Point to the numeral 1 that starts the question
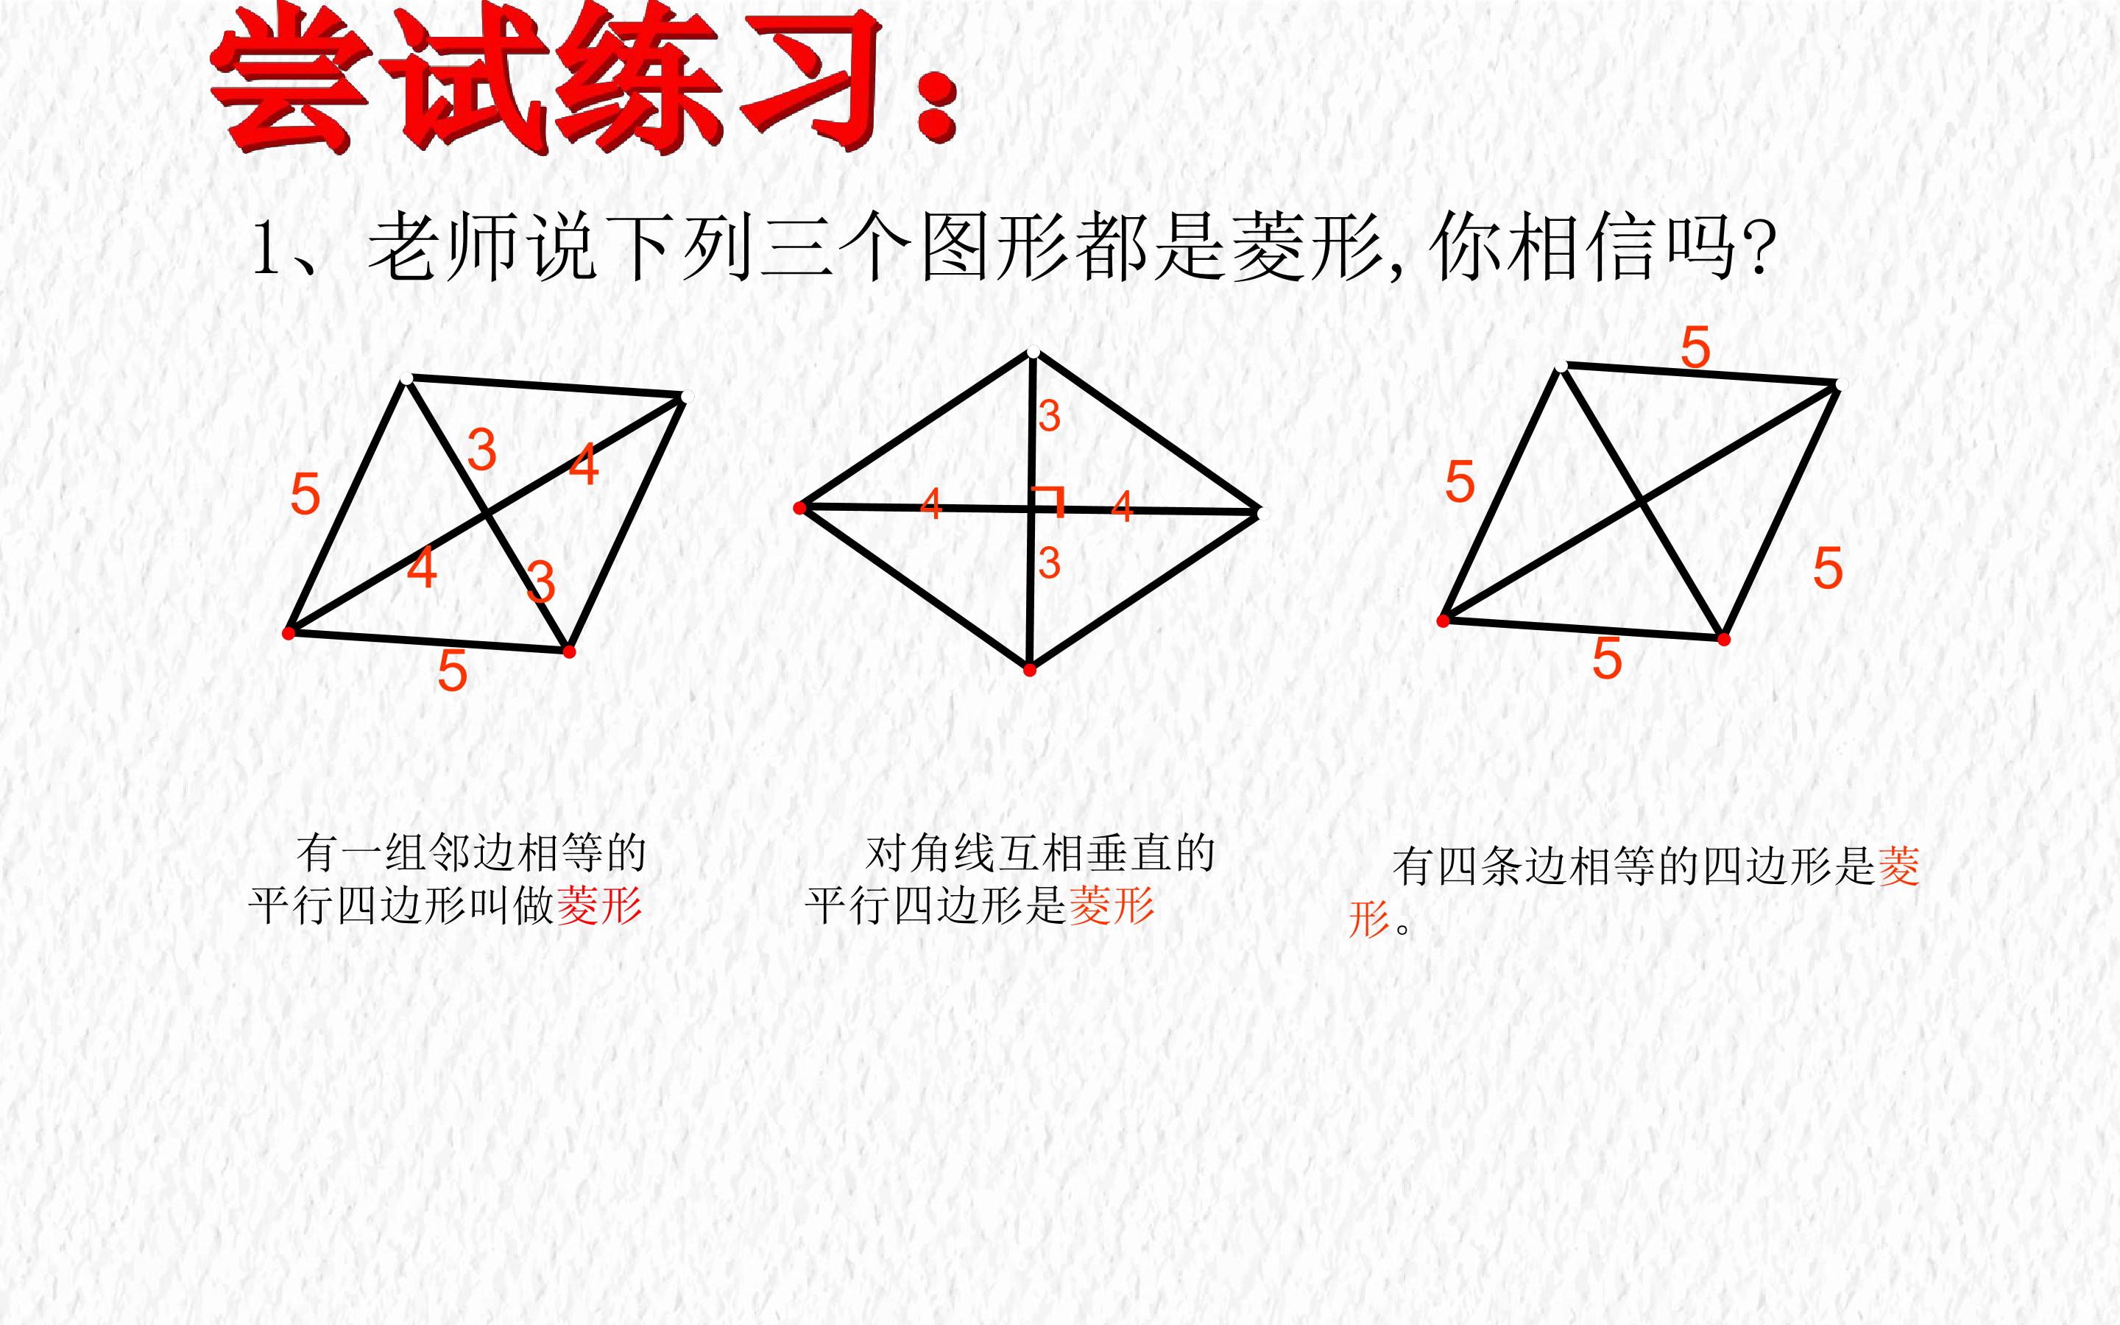(x=264, y=249)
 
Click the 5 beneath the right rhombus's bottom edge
(x=1607, y=658)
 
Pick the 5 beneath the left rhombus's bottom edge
(x=452, y=671)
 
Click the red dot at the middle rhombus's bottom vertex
(x=1029, y=671)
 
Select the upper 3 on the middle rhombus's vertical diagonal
(x=1049, y=416)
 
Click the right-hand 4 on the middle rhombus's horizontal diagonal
(x=1121, y=506)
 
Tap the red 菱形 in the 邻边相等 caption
(x=599, y=905)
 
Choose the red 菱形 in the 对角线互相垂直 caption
(x=1112, y=905)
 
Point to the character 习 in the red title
(x=810, y=79)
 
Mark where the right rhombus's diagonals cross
(x=1640, y=503)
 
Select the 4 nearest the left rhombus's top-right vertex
(x=584, y=464)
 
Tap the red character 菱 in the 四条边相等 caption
(x=1898, y=866)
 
